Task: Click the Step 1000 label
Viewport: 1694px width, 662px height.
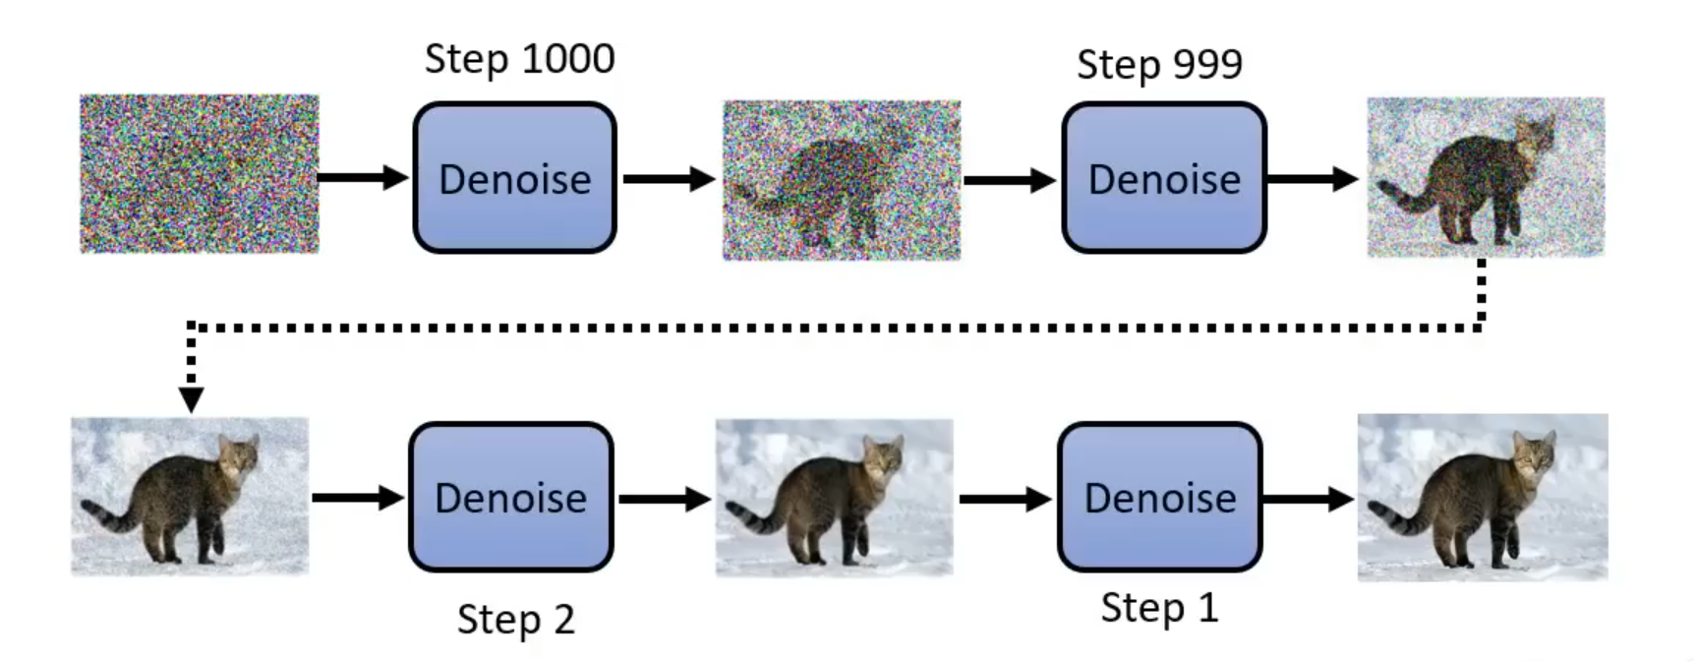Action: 519,60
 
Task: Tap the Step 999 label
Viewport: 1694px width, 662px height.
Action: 1159,65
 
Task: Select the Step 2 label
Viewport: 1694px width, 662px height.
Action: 515,620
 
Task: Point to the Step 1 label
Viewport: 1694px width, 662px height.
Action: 1159,608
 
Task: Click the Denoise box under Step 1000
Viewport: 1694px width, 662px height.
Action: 514,178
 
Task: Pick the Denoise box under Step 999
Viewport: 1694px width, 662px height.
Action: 1164,178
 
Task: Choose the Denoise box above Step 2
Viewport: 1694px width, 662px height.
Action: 510,497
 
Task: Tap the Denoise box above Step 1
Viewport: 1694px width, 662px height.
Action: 1159,497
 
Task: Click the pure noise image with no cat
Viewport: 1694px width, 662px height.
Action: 199,173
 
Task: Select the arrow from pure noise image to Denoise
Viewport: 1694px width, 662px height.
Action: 362,178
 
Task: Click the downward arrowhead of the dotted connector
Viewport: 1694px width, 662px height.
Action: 191,398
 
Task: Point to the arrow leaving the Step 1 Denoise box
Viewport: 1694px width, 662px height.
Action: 1308,499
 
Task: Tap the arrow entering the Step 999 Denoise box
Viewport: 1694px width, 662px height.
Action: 1009,180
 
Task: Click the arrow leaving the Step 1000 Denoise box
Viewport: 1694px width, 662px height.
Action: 669,179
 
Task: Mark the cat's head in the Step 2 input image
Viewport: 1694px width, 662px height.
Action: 238,455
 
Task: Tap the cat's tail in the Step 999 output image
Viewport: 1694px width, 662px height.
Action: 1401,197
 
